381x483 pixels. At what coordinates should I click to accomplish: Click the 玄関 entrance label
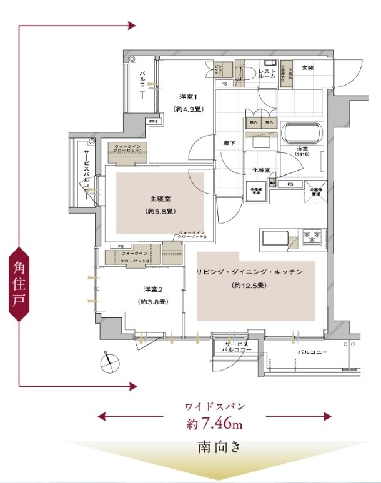[x=308, y=67]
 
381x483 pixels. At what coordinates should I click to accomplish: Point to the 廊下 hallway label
[x=229, y=142]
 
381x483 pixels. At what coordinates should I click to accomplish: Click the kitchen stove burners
[x=312, y=237]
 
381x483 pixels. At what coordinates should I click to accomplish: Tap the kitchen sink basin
[x=275, y=239]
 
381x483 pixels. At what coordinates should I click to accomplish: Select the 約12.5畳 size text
[x=249, y=286]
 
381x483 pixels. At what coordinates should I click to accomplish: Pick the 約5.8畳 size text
[x=161, y=211]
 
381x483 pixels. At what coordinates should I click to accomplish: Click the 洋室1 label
[x=188, y=96]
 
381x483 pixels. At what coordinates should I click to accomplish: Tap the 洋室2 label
[x=153, y=289]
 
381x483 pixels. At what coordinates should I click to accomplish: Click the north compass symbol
[x=109, y=360]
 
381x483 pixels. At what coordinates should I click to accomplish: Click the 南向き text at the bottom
[x=215, y=447]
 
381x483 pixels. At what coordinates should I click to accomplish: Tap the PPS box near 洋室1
[x=153, y=122]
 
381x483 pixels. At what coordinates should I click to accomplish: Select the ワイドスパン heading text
[x=214, y=406]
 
